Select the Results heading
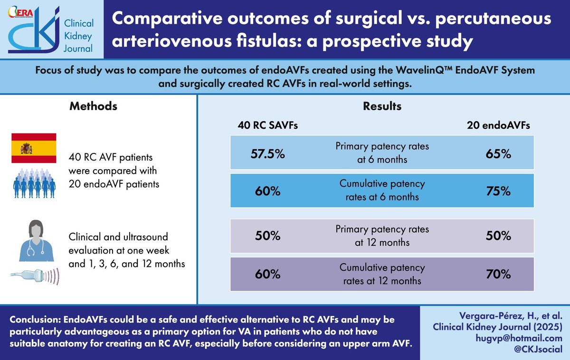382,106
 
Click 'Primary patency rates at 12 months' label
382,236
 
